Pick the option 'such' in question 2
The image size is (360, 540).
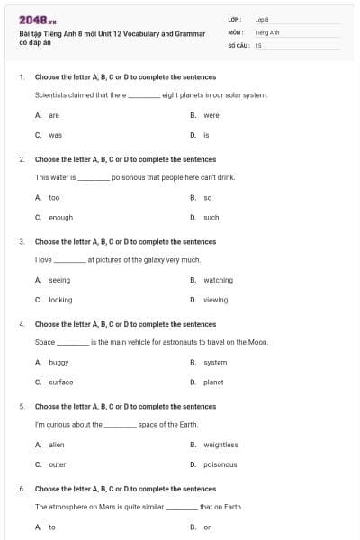pos(211,218)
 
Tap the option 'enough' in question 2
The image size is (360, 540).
pos(60,218)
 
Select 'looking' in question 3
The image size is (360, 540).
pos(60,300)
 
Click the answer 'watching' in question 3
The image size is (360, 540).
pos(218,280)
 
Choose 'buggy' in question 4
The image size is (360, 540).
pos(58,362)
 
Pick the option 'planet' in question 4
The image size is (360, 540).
pos(213,382)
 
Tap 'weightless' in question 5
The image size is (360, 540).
pos(220,445)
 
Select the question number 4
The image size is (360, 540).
pos(22,324)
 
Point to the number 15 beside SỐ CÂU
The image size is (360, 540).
pos(258,44)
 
